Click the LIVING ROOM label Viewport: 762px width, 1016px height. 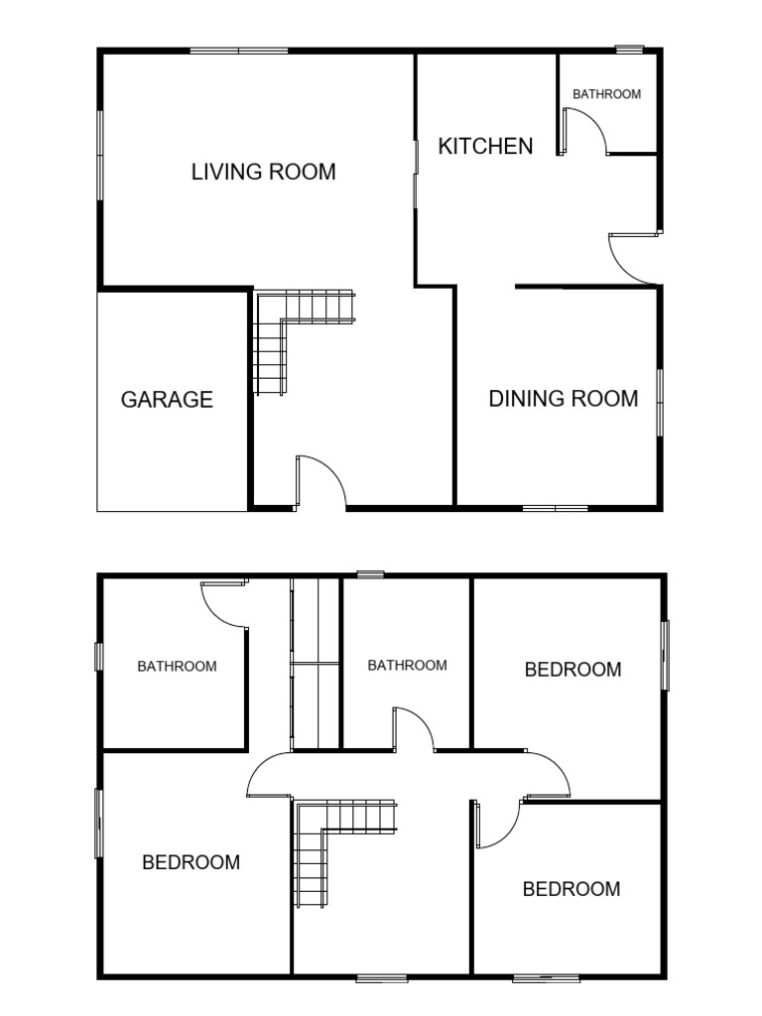263,172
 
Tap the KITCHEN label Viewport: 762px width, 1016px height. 485,146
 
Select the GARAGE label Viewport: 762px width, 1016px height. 167,400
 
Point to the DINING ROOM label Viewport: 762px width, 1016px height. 563,399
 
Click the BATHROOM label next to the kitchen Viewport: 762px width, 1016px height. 606,94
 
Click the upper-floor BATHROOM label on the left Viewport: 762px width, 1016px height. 177,666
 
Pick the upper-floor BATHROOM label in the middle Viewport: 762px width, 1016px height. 407,665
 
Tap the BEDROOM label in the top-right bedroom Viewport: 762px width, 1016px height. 572,670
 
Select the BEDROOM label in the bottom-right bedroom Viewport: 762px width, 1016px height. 571,889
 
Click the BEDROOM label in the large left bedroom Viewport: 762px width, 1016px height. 190,862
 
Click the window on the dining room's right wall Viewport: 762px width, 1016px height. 660,401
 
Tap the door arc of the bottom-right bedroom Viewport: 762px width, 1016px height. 499,824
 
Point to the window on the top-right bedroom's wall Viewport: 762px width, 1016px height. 666,655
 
